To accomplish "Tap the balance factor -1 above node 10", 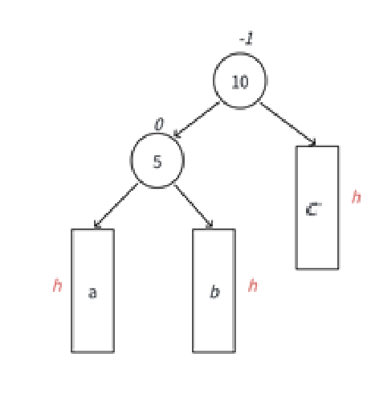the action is (247, 39).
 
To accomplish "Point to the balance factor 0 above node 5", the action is (159, 124).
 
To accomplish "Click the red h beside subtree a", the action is (57, 286).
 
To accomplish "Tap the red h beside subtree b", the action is (253, 286).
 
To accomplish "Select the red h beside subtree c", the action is (356, 197).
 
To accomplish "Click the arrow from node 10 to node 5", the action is (197, 120).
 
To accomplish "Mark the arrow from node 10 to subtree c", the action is (287, 125).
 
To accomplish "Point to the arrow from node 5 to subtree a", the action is (116, 206).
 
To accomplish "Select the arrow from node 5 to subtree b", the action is (194, 207).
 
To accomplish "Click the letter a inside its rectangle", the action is (92, 292).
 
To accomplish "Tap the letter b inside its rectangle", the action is (214, 291).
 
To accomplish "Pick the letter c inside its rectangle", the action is (313, 209).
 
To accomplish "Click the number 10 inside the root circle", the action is (240, 82).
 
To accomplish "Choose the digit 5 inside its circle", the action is (157, 162).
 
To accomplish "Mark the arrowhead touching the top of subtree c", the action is (312, 143).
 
